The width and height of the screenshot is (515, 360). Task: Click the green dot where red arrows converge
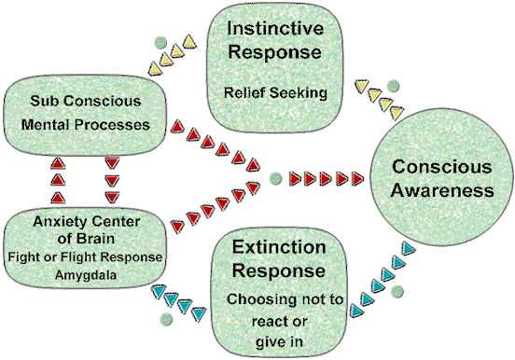tap(272, 174)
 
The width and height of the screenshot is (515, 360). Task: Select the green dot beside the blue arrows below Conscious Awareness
tap(398, 292)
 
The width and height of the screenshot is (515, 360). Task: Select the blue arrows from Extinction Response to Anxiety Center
tap(182, 298)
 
